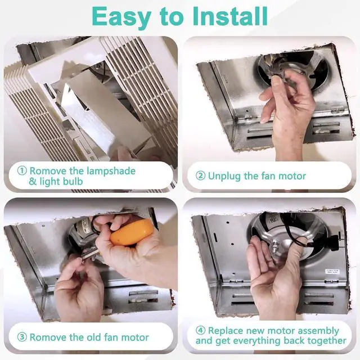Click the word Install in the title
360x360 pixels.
point(230,16)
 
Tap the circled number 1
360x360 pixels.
point(22,170)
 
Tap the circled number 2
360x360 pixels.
point(200,176)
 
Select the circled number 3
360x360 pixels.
point(22,337)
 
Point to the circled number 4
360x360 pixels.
point(200,331)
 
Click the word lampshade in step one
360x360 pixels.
point(111,172)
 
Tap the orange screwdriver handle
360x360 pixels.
point(131,232)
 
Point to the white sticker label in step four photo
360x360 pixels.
point(332,271)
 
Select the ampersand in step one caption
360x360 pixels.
point(33,181)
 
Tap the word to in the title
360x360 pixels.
point(171,17)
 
